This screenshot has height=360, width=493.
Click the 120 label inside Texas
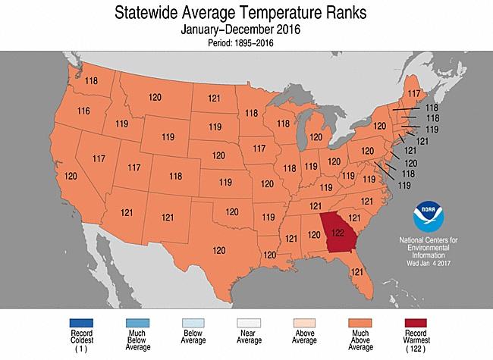pos(220,250)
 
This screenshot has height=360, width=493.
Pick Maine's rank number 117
pos(415,94)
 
